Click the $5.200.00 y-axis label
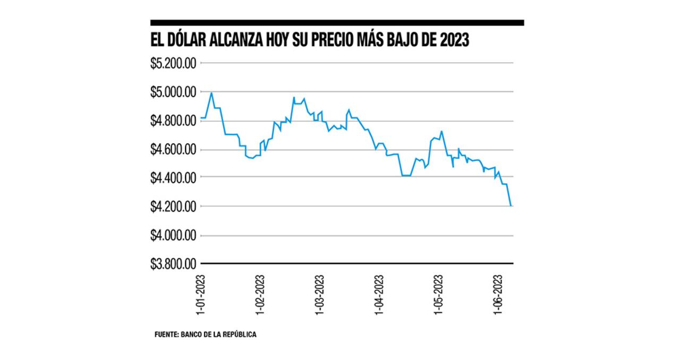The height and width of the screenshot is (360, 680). click(x=174, y=63)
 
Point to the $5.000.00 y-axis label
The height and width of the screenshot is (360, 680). click(x=174, y=92)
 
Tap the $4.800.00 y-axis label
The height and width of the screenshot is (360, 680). click(x=174, y=121)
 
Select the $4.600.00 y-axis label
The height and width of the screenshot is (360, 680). click(x=174, y=150)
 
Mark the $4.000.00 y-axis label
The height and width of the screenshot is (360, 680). click(x=174, y=235)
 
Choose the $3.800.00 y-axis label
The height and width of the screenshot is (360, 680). click(x=174, y=263)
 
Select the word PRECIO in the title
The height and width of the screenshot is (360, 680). click(x=335, y=41)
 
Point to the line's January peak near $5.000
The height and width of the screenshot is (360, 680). click(x=211, y=93)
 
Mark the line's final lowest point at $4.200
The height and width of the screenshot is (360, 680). click(x=511, y=205)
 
